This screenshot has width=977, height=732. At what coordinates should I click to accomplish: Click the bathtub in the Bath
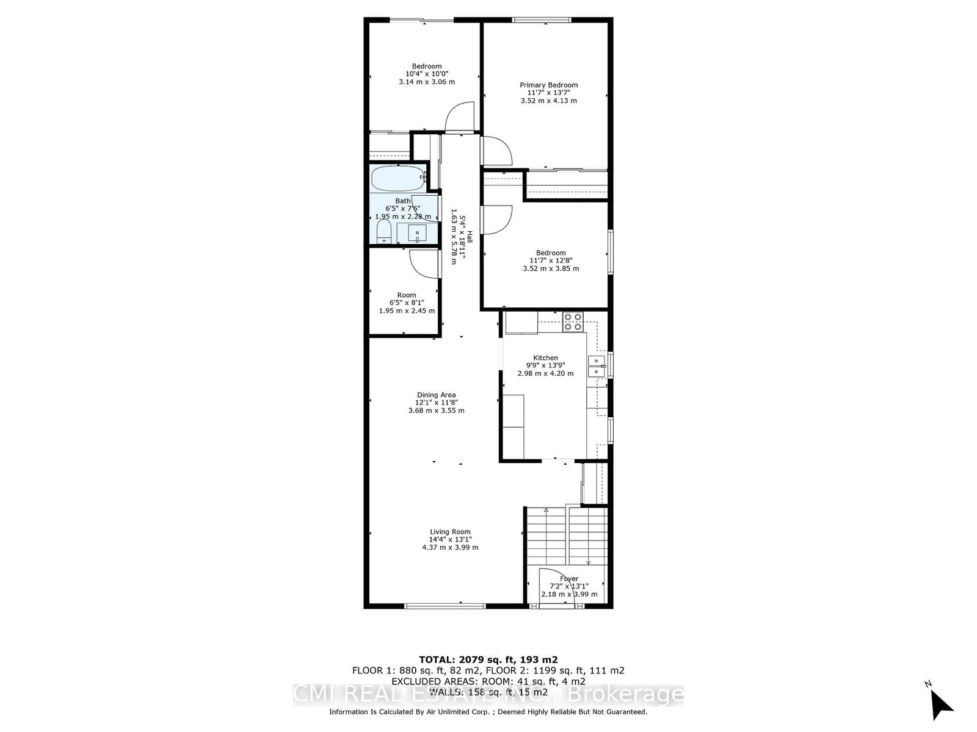pyautogui.click(x=398, y=179)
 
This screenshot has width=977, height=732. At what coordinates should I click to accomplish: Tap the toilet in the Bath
pyautogui.click(x=383, y=232)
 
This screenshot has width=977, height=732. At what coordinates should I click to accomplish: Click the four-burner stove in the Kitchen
pyautogui.click(x=572, y=321)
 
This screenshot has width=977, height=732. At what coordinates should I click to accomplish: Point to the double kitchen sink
pyautogui.click(x=595, y=366)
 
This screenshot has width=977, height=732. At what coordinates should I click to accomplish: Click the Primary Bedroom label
pyautogui.click(x=548, y=85)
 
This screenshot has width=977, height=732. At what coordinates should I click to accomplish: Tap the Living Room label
pyautogui.click(x=450, y=531)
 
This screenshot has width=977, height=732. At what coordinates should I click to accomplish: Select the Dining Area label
pyautogui.click(x=436, y=395)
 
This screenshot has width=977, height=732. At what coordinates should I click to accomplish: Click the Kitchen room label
pyautogui.click(x=545, y=358)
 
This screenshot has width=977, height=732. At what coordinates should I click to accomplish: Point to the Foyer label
pyautogui.click(x=569, y=578)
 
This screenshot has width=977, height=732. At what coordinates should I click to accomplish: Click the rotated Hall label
pyautogui.click(x=470, y=237)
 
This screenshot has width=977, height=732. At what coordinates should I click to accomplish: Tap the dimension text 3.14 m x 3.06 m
pyautogui.click(x=427, y=82)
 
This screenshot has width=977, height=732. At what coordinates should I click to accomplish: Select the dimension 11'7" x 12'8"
pyautogui.click(x=551, y=260)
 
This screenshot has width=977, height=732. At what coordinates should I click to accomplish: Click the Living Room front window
pyautogui.click(x=445, y=606)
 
